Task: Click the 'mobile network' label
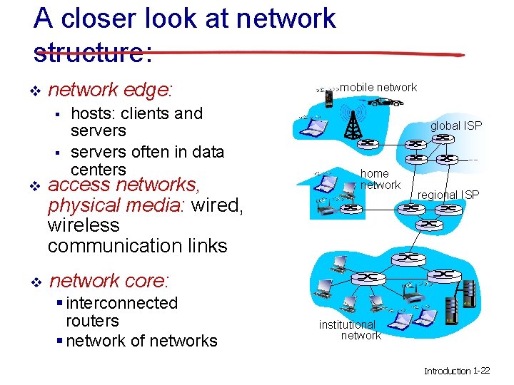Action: (x=378, y=87)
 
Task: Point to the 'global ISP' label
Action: (x=455, y=126)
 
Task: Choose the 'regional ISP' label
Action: (x=448, y=195)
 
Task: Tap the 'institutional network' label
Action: (x=348, y=329)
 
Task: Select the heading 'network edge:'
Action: (x=110, y=90)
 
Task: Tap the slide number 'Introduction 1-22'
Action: (x=457, y=371)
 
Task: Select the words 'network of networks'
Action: (x=141, y=341)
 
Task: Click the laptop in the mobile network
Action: (x=312, y=127)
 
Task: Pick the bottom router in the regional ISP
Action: (x=429, y=225)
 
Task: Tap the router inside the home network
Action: (x=351, y=208)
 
